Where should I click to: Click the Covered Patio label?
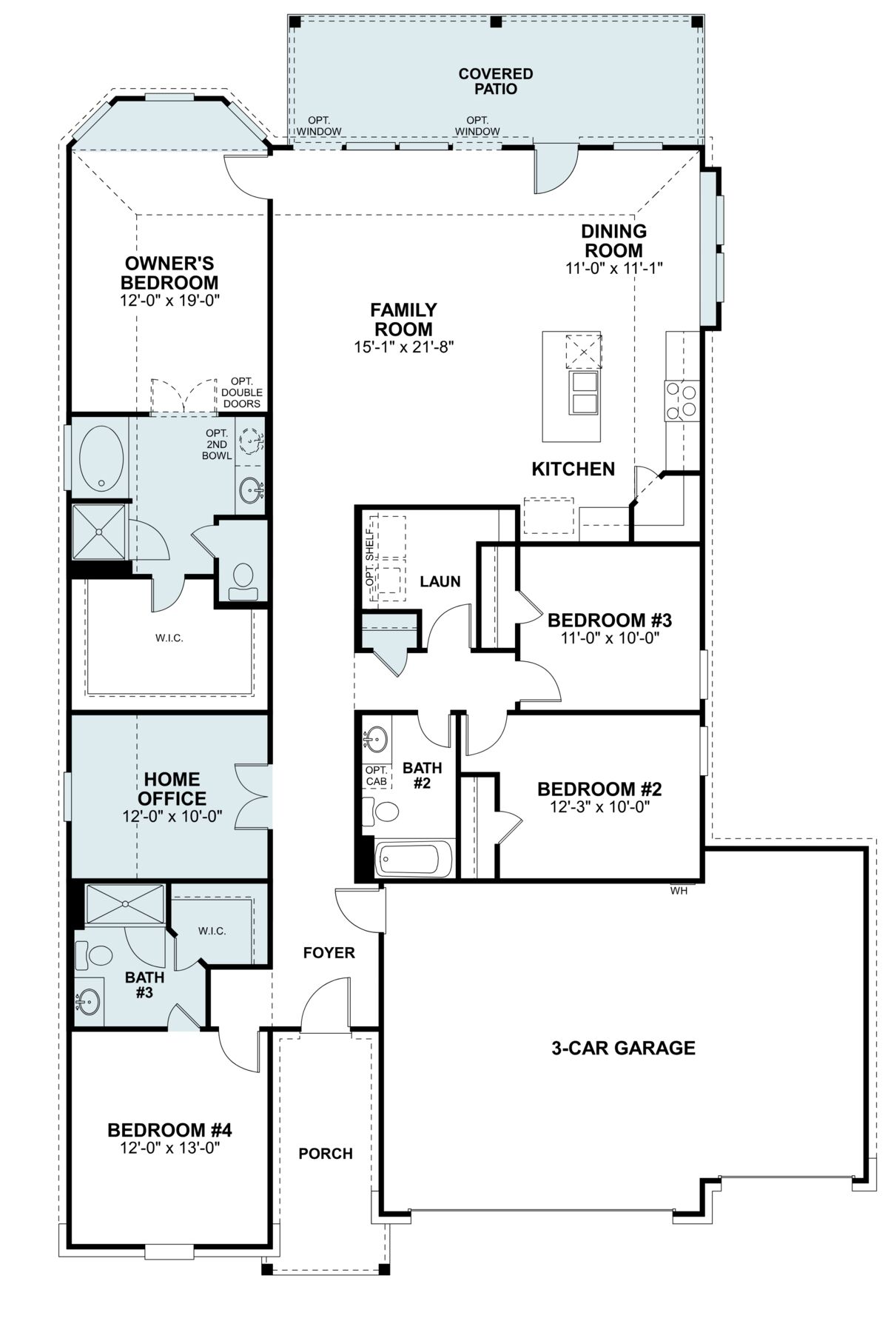496,81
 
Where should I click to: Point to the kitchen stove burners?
681,400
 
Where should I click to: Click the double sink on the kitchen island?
584,392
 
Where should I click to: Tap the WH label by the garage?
679,891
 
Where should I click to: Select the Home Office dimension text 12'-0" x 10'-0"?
172,816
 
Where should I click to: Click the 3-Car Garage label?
623,1048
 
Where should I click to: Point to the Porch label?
326,1154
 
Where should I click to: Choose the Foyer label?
329,953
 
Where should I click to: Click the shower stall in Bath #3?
125,903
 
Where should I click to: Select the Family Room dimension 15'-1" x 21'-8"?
403,346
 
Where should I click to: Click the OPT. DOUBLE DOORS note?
242,392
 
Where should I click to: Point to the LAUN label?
440,582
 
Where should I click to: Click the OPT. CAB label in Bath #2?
376,775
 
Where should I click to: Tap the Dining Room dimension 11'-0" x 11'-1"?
613,268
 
